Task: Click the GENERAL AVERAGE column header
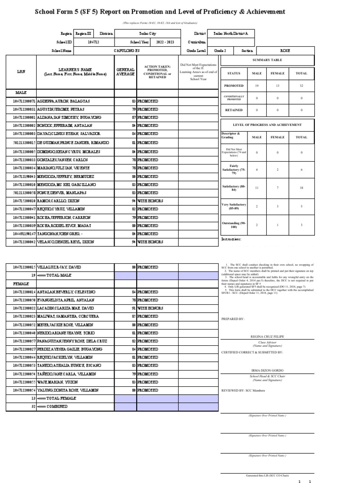(125, 72)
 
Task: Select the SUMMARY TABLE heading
(267, 60)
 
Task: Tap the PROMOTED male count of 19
(257, 86)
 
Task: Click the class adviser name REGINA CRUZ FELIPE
(267, 336)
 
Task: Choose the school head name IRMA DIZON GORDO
(267, 369)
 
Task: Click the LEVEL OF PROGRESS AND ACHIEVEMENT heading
(267, 124)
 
